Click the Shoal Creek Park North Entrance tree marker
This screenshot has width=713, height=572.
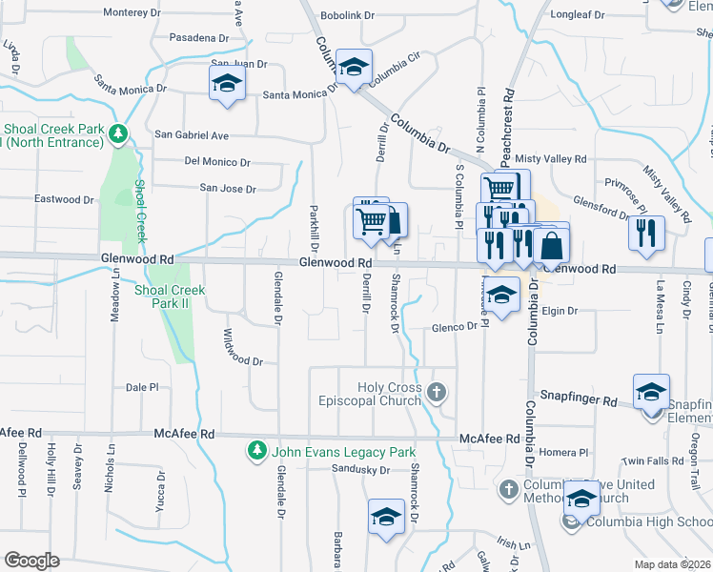coord(118,133)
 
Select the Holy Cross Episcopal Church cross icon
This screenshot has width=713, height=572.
coord(436,392)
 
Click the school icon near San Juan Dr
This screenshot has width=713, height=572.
coord(227,83)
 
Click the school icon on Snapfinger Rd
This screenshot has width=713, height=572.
coord(652,392)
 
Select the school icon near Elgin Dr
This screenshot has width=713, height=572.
coord(502,295)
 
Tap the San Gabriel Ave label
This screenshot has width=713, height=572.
coord(192,135)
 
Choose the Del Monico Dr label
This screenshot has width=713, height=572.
coord(217,163)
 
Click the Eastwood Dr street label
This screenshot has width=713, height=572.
coord(64,199)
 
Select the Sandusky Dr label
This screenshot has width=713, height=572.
coord(361,470)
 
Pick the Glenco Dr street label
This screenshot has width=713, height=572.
coord(453,327)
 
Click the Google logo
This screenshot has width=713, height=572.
coord(31,561)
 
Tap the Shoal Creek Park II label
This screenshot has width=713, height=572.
coord(170,296)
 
